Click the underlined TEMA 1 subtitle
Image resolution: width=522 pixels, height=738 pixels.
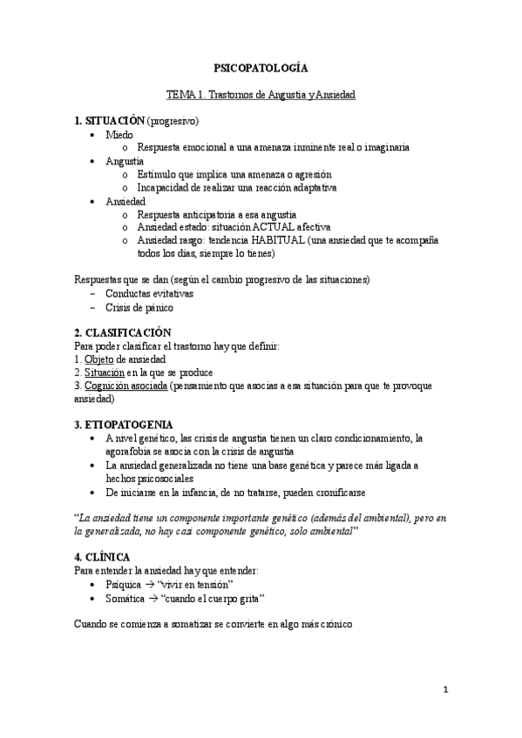pos(261,93)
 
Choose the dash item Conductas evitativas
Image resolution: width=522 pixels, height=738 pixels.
pos(150,293)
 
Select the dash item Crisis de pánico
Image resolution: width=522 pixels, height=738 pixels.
pos(139,307)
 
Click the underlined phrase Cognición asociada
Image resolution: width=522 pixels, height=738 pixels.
pos(127,385)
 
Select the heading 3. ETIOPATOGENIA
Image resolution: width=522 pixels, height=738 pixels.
pos(123,424)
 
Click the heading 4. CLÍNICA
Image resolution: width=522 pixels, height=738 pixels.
pos(103,556)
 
